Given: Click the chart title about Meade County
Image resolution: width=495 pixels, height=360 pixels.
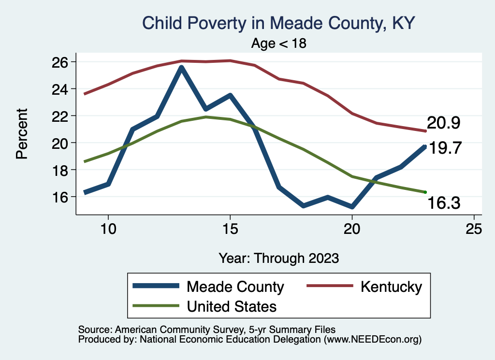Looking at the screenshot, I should [x=278, y=23].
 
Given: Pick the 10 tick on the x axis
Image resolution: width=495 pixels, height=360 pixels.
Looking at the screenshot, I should [x=108, y=229].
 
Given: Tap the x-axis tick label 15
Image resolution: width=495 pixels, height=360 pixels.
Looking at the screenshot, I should [x=230, y=229].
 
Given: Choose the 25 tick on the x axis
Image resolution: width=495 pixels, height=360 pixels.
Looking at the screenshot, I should [x=474, y=229].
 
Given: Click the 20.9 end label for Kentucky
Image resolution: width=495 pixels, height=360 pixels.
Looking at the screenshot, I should [x=443, y=123].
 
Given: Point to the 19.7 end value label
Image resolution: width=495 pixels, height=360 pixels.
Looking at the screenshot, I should [x=446, y=148].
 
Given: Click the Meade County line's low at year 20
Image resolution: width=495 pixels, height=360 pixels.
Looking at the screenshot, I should [x=352, y=207].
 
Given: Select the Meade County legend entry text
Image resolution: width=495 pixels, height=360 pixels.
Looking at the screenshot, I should [x=235, y=287].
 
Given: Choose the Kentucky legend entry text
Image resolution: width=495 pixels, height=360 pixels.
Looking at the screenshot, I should [x=391, y=287].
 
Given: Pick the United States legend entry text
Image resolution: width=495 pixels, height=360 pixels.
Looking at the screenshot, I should [x=232, y=306].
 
